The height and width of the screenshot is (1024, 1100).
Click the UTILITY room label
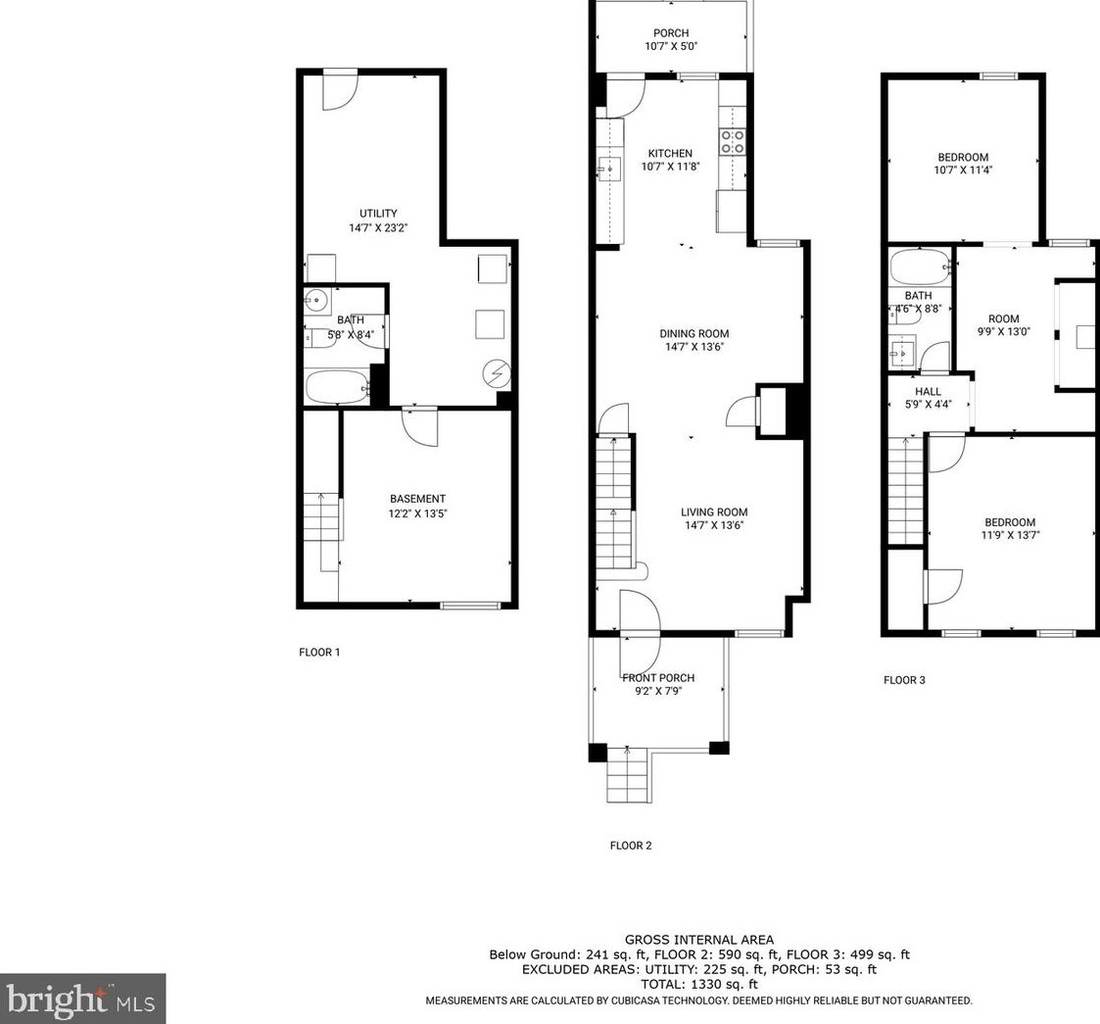(378, 214)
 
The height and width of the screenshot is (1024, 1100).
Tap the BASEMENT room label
(417, 499)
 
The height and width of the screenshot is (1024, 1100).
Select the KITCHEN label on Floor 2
(670, 153)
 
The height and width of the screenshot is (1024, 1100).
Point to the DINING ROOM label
(693, 333)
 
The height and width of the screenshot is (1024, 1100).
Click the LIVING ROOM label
(714, 512)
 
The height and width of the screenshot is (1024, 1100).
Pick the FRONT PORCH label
(658, 678)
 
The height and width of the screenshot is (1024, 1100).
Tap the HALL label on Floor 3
(929, 392)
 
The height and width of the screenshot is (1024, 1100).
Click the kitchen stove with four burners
(733, 141)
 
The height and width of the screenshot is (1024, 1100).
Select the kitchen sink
(609, 169)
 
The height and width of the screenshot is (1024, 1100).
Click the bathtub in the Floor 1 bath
(338, 387)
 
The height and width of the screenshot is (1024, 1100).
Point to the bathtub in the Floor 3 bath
(921, 267)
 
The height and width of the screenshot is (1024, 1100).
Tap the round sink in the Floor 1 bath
(316, 301)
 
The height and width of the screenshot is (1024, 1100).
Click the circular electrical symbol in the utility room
(497, 373)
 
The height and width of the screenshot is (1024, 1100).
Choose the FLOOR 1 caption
(319, 652)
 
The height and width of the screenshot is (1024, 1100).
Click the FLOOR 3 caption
(904, 679)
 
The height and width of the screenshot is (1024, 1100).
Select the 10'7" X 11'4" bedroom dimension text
(963, 170)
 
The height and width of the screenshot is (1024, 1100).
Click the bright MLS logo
(83, 999)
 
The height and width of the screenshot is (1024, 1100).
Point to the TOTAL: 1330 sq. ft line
(698, 984)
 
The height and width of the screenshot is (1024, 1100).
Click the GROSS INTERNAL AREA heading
(699, 940)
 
